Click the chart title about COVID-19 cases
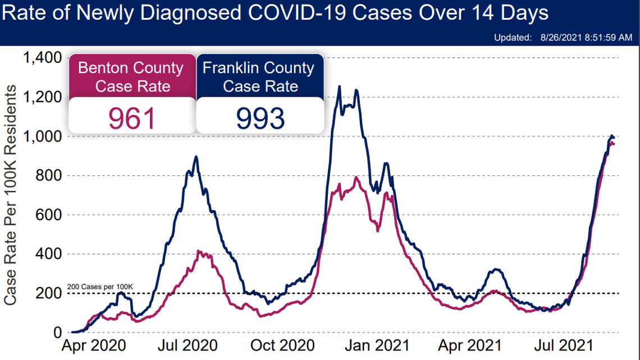coord(275,13)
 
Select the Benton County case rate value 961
coord(132,117)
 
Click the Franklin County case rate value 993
coord(260,117)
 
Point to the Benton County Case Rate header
coord(131,77)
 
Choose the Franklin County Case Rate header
coord(259,77)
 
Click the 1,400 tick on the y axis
coord(43,58)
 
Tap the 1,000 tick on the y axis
coord(43,136)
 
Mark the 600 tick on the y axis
coord(50,215)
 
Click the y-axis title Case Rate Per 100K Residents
coord(10,195)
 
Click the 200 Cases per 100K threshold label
coord(100,287)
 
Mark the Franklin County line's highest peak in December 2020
coord(339,86)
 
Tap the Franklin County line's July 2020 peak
coord(195,157)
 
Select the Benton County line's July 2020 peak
coord(198,252)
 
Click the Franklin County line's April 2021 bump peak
coord(495,270)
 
